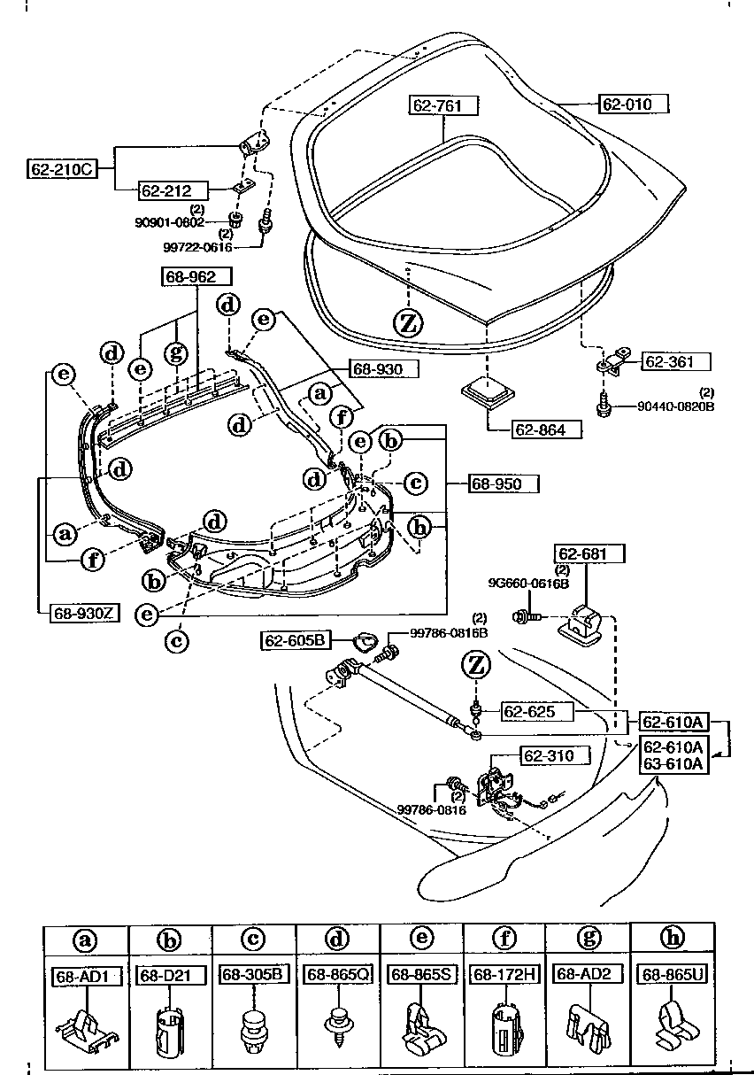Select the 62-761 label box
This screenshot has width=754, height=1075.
[443, 104]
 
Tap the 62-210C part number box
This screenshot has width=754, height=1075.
[59, 166]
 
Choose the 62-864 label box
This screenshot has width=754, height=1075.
[547, 430]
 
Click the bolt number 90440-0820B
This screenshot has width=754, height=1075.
[675, 407]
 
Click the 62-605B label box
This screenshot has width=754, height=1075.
[293, 639]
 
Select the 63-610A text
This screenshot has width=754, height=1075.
[673, 763]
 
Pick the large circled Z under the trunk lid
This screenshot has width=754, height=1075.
[407, 323]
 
